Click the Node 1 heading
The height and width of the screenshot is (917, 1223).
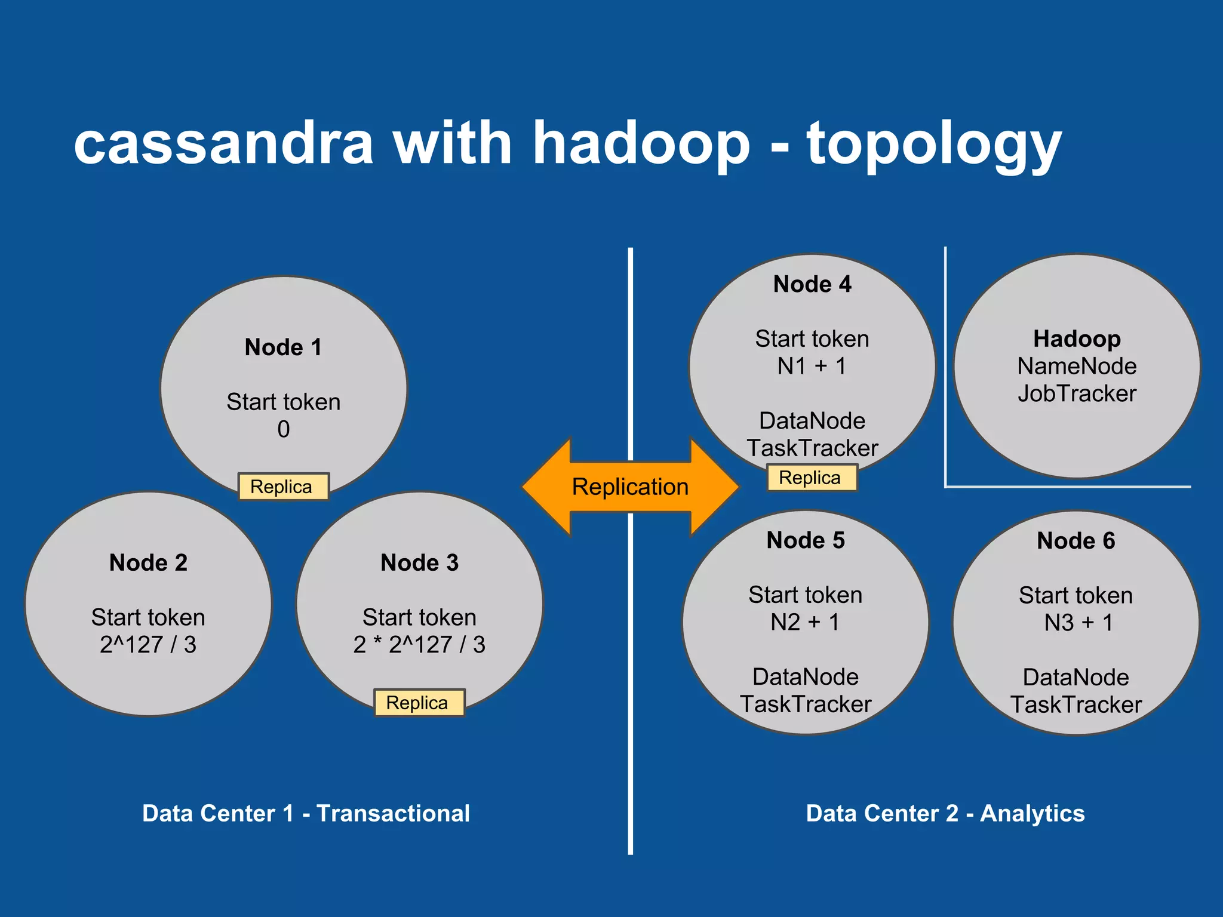(283, 347)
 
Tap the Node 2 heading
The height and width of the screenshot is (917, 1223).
(148, 563)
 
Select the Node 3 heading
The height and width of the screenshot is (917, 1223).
(419, 563)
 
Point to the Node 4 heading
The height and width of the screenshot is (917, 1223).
(812, 284)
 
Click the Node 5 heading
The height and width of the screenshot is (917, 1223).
(805, 540)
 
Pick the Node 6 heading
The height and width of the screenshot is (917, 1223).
(1075, 541)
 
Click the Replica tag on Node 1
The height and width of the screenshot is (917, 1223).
(282, 487)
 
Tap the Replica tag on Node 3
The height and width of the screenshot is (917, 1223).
(418, 703)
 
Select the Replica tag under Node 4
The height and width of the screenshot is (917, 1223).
(811, 478)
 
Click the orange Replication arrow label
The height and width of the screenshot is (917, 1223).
(630, 487)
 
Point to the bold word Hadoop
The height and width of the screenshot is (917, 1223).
(1077, 339)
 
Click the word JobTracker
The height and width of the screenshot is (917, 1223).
(1077, 393)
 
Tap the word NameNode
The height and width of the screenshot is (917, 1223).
(1077, 366)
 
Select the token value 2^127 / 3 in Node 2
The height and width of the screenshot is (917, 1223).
(148, 645)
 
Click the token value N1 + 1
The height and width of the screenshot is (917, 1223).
(812, 366)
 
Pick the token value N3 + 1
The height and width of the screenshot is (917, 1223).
(1078, 623)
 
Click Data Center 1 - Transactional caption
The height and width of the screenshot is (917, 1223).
(306, 814)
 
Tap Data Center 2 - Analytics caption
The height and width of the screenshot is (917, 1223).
(945, 814)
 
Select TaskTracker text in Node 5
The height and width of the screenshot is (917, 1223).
(805, 704)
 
